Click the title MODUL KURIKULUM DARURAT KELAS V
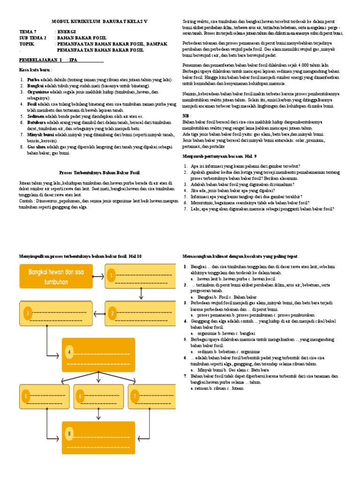tap(99, 22)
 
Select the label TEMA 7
tap(28, 32)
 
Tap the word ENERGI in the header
tap(67, 32)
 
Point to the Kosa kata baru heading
tap(35, 69)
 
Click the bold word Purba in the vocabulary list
tap(33, 80)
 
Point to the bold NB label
tap(186, 115)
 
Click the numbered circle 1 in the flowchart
tap(112, 276)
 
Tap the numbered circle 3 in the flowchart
tap(28, 313)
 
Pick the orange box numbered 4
tap(98, 355)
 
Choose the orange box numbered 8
tap(98, 437)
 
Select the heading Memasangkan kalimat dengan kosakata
tap(240, 256)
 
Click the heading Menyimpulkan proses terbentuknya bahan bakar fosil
tap(80, 256)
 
